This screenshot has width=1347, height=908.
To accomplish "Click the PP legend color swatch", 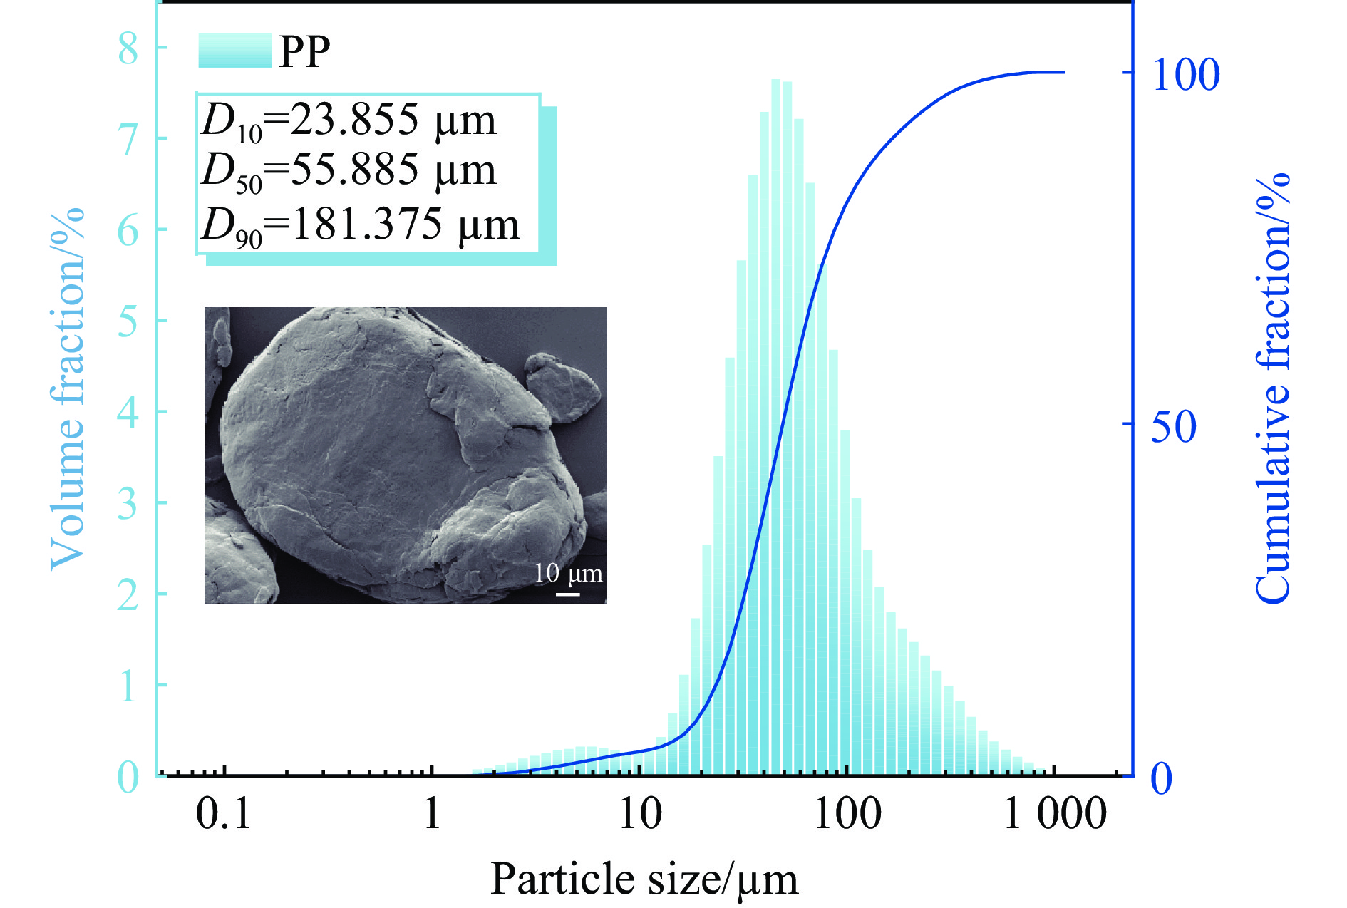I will click(x=234, y=51).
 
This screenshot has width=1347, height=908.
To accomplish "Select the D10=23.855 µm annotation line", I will click(x=349, y=120).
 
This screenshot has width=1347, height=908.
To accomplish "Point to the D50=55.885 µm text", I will click(x=349, y=171).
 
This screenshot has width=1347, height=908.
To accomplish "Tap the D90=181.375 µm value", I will click(x=361, y=225).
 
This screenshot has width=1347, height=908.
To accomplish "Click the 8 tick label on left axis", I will click(x=128, y=48).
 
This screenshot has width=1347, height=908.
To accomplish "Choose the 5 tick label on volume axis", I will click(x=128, y=321).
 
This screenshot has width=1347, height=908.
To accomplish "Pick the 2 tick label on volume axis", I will click(x=128, y=594).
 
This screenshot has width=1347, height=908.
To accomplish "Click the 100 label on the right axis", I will click(x=1185, y=74).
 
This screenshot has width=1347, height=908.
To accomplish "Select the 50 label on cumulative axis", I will click(x=1173, y=426).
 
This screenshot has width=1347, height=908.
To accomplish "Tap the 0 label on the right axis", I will click(x=1162, y=778).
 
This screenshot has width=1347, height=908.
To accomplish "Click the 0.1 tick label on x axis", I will click(x=223, y=813).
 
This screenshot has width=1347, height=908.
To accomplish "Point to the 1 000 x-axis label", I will click(x=1056, y=813).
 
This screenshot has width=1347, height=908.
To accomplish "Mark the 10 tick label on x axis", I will click(x=640, y=813).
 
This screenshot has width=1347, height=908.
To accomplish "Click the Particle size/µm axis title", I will click(x=644, y=878).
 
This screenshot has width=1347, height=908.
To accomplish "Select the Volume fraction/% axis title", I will click(x=68, y=389).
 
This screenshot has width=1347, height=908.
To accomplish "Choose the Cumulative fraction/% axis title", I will click(x=1273, y=389).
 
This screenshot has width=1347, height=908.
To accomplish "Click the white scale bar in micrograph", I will click(x=567, y=593).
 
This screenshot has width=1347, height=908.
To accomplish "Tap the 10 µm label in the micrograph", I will click(x=568, y=573).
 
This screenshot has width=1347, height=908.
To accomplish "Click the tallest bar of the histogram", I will click(x=775, y=428).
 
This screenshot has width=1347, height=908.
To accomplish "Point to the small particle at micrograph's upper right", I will click(x=563, y=386).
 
